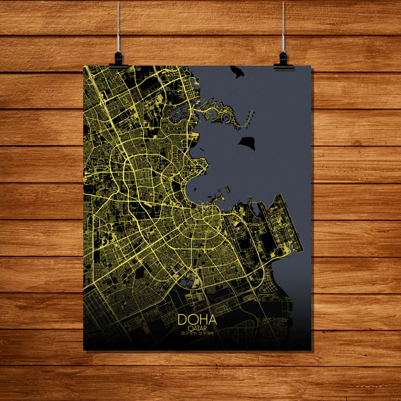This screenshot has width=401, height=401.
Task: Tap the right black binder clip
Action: [x=284, y=61]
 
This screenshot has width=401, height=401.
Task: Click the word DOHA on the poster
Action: [x=197, y=320]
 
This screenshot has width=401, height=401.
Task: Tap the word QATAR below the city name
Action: [x=197, y=327]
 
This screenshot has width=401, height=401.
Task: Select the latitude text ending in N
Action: [x=189, y=333]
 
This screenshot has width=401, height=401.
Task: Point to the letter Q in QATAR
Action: [x=189, y=327]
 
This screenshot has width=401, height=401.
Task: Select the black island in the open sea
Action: [x=247, y=142]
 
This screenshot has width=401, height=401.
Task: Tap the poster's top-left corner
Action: [x=84, y=66]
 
